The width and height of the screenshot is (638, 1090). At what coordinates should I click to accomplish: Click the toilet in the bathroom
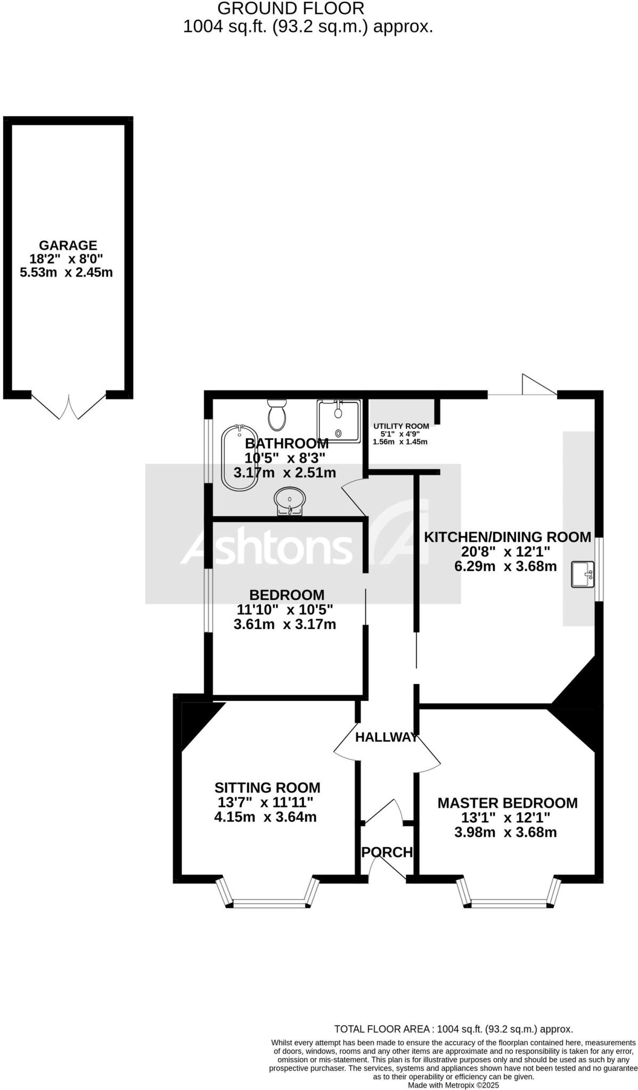coord(277,415)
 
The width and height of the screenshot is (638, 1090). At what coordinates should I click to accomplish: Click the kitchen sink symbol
coord(583,574)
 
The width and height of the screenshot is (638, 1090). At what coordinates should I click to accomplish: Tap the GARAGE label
coord(68,245)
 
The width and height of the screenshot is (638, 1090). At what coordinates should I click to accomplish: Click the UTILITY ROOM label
coord(401,426)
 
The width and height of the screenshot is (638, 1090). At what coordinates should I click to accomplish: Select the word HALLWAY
coord(386,737)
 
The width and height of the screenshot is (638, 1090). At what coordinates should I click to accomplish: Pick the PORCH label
coord(387,852)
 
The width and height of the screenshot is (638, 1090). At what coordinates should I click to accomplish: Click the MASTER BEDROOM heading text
coord(507,803)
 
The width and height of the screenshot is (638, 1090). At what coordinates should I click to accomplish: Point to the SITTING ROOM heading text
coord(267,787)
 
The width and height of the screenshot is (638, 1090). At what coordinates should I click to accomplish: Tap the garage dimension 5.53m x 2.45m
coord(66,273)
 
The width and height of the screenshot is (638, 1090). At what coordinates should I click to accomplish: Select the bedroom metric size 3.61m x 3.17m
coord(285,624)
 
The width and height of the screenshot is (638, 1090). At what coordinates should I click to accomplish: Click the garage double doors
coord(69,407)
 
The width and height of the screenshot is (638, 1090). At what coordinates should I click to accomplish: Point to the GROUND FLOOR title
coord(291,9)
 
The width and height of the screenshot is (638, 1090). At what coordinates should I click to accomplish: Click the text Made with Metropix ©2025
coord(453,1085)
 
